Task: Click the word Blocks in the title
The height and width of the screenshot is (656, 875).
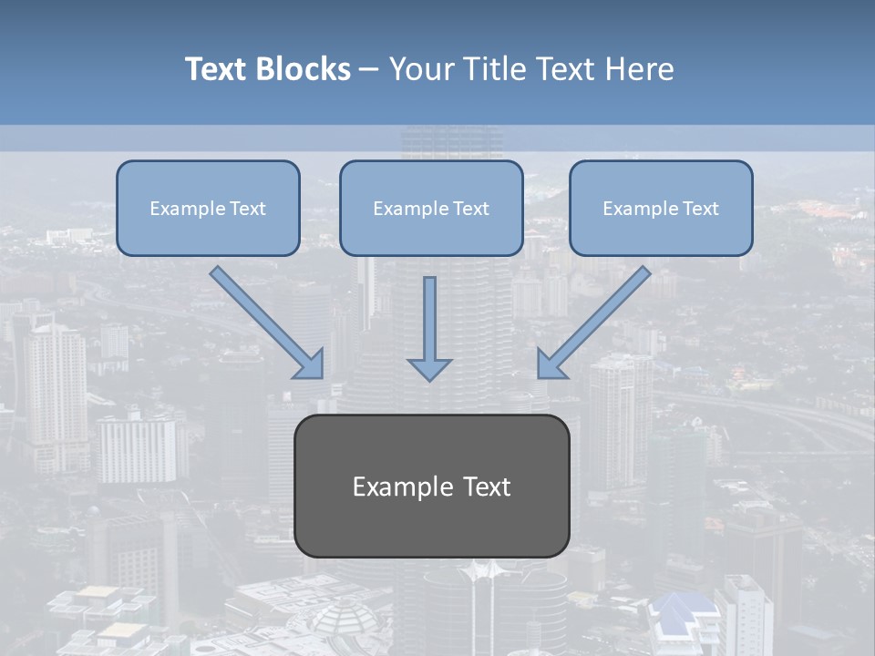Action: (303, 69)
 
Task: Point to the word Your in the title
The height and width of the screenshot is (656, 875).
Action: (418, 69)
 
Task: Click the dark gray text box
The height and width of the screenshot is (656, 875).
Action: (432, 519)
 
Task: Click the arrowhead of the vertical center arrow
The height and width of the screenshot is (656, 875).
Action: (429, 368)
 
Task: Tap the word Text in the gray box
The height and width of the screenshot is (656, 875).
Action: (487, 487)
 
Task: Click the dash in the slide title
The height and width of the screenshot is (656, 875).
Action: (369, 70)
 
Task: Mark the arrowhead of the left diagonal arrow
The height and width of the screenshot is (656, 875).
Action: (310, 364)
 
